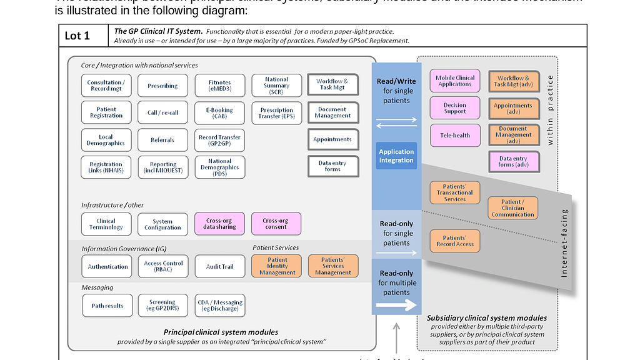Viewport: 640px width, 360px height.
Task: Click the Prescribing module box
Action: pos(162,86)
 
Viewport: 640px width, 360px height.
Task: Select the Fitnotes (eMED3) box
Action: pos(219,86)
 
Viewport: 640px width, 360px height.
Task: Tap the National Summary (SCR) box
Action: pos(276,86)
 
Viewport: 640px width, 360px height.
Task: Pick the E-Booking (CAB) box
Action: pos(219,113)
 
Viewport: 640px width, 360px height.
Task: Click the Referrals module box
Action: pos(162,140)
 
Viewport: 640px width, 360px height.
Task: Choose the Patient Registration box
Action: pos(106,112)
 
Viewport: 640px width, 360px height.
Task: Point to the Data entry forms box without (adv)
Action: pos(332,166)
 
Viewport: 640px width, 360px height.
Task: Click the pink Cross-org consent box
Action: pos(276,223)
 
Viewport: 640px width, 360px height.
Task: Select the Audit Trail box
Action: pos(219,266)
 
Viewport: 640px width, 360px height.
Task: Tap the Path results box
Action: pos(107,306)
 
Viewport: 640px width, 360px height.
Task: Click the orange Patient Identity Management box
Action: pos(277,266)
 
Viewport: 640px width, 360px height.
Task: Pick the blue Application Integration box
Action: pos(396,156)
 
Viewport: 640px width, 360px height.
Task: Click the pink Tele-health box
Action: pos(455,134)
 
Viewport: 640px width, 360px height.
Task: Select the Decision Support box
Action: pos(455,108)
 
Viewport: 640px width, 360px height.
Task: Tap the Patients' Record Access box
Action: pos(455,241)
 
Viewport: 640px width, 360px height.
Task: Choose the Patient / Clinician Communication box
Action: pos(512,208)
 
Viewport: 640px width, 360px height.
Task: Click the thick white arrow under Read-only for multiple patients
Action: pos(397,306)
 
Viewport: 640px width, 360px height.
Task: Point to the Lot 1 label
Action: pos(77,36)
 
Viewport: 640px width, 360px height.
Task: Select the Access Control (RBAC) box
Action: pos(163,266)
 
